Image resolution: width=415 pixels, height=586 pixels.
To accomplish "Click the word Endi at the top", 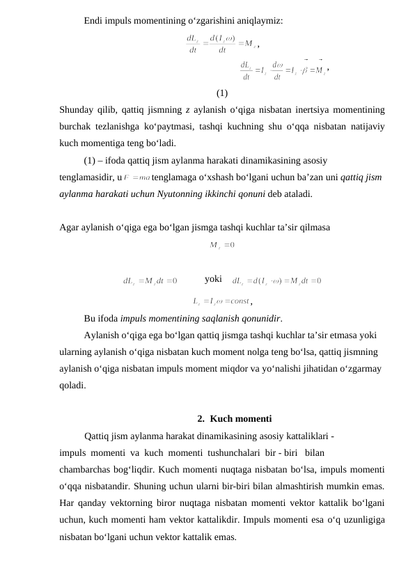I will point(94,20).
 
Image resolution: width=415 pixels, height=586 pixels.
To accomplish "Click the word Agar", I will point(70,227).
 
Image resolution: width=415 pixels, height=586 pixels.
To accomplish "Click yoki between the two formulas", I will point(213,280).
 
